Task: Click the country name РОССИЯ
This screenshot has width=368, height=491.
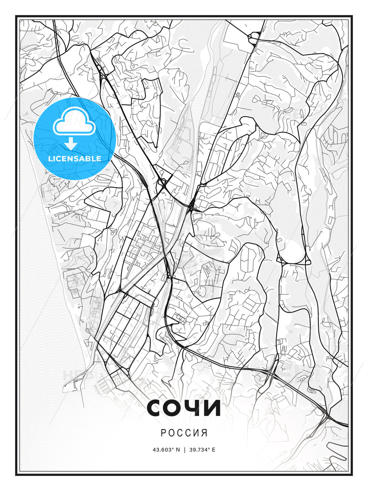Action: [x=184, y=433]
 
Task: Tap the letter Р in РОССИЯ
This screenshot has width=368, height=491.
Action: [x=163, y=433]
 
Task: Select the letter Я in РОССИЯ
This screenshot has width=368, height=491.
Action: [x=205, y=433]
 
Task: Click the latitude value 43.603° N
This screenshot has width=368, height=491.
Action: [x=166, y=450]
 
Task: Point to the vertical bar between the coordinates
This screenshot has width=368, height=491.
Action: [x=185, y=450]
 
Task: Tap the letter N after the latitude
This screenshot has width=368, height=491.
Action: [x=178, y=450]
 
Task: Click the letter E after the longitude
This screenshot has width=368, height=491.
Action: [x=214, y=450]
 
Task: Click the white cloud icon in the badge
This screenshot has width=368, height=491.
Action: [x=74, y=123]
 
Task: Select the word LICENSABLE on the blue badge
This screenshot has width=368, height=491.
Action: [x=75, y=159]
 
